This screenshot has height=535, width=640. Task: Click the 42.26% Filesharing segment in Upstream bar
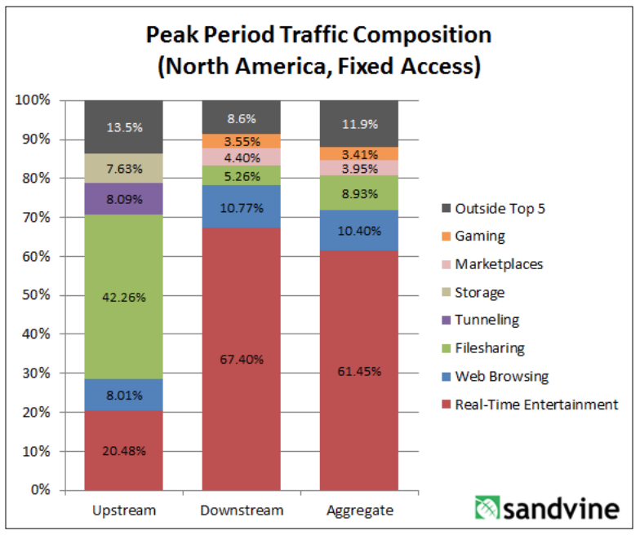(x=124, y=297)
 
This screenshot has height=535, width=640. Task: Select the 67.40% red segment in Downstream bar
(x=242, y=359)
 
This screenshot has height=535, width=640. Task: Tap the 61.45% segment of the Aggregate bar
(x=359, y=371)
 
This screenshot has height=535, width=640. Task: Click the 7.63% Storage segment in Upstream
(x=124, y=169)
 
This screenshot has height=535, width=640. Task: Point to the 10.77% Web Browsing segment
(x=242, y=207)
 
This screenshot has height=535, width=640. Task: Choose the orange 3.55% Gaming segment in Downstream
(x=242, y=140)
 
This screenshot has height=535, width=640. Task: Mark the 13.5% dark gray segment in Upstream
(x=124, y=126)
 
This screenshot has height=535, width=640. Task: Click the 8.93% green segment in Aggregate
(x=359, y=193)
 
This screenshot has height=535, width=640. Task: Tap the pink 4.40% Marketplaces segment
(x=242, y=157)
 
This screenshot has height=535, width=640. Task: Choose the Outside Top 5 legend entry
(x=499, y=208)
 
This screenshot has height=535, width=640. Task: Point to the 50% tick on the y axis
(x=38, y=294)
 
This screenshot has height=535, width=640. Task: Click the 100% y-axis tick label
(x=34, y=99)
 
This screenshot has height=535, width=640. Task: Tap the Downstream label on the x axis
(x=242, y=511)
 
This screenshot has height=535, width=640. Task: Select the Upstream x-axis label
(x=124, y=511)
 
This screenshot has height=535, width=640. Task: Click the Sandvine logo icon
(x=487, y=509)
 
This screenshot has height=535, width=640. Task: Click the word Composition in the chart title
(x=411, y=35)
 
